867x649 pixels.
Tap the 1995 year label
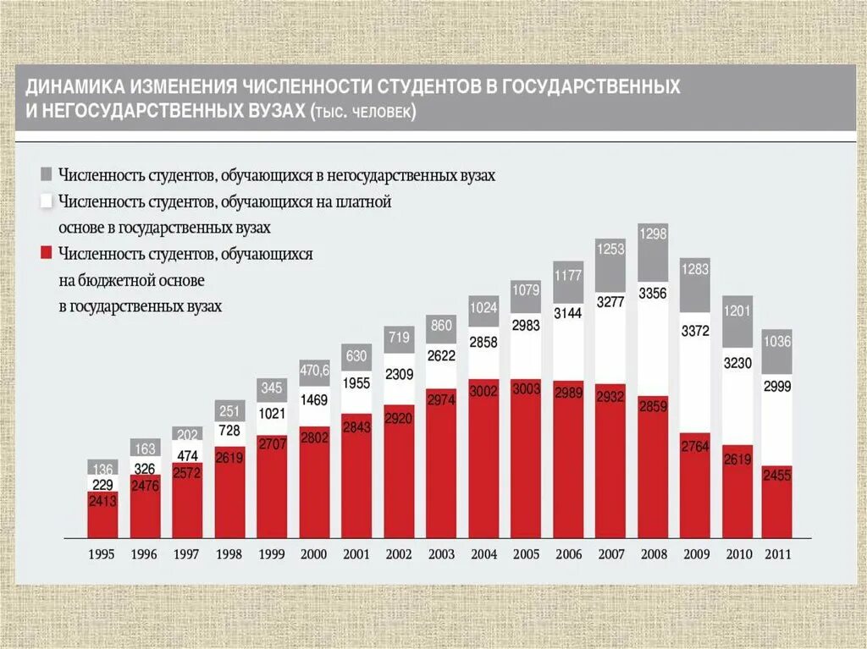pos(102,554)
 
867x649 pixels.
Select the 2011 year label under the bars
pos(778,554)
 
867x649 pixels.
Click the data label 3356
pos(652,294)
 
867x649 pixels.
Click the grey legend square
pos(47,174)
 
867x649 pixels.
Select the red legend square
pos(47,253)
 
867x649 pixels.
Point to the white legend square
pos(47,201)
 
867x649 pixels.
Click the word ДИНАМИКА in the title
pos(75,87)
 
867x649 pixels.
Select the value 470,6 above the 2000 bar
pos(313,370)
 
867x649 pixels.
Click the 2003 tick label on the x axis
pos(440,554)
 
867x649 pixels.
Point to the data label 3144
pos(567,314)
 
